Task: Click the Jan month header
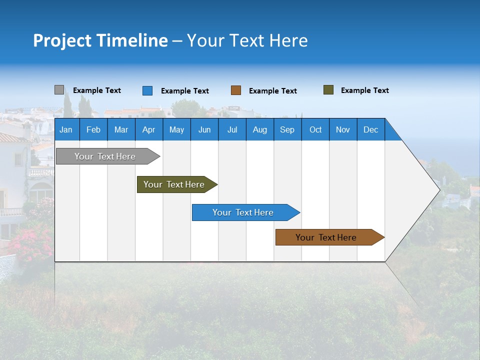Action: click(66, 129)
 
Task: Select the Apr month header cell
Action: click(149, 129)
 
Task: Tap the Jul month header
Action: click(232, 129)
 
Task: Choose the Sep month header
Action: click(287, 129)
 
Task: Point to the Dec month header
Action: click(370, 129)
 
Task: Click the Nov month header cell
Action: click(343, 129)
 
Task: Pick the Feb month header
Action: click(93, 129)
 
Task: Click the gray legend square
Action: click(59, 90)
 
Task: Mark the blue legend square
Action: click(147, 90)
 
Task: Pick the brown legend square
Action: click(236, 90)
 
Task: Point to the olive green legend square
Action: click(328, 90)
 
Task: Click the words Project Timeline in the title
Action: click(100, 40)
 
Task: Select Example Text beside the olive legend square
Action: click(364, 90)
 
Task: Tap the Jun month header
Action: click(204, 129)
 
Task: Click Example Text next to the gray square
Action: click(97, 90)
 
